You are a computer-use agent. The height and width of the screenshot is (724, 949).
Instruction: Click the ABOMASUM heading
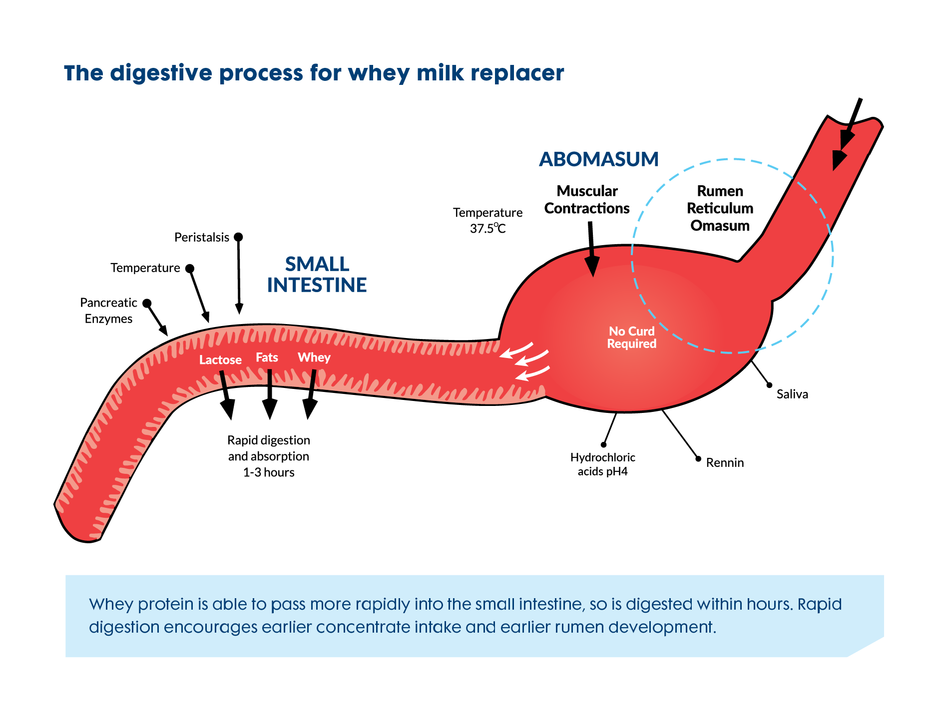coord(598,159)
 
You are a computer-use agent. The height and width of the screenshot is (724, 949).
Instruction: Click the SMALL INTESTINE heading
coord(317,275)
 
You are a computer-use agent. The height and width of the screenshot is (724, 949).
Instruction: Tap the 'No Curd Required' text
coord(631,338)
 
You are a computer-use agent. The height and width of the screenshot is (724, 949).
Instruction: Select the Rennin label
coord(725,463)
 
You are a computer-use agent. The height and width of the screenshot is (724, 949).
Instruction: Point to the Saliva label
coord(792,394)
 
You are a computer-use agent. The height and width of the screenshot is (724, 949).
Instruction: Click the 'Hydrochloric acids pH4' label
coord(602,464)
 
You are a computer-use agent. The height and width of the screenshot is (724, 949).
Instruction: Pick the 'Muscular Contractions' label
coord(587,200)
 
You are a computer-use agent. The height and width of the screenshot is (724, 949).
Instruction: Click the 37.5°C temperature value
coord(487,229)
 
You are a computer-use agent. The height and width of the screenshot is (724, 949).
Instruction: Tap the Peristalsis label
coord(201,237)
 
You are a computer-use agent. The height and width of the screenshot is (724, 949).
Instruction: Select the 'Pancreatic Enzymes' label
coord(108,311)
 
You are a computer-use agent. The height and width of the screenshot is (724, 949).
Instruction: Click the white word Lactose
coord(220,360)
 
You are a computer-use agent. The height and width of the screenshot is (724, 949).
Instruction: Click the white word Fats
coord(267,358)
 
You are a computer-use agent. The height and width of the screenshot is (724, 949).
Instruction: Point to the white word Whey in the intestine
coord(314,358)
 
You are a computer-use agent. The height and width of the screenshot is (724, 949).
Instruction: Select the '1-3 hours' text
coord(269,472)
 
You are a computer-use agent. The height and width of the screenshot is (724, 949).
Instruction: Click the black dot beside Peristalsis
coord(238,237)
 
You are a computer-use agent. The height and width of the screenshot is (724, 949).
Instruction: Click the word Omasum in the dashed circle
coord(720,226)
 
